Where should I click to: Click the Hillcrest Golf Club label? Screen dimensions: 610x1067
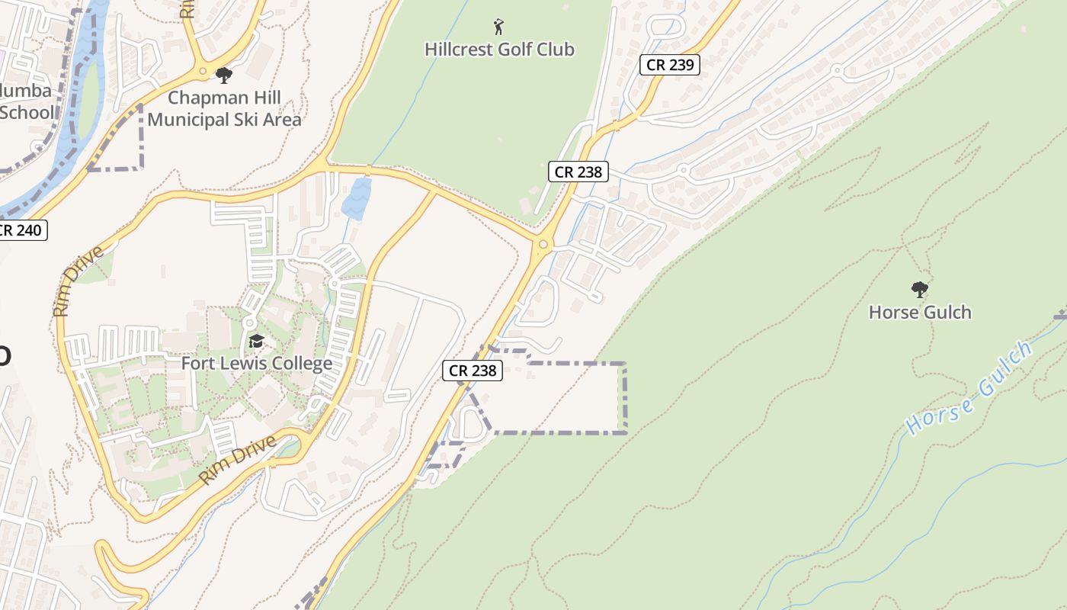499,50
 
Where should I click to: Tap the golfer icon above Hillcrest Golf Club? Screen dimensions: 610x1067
499,27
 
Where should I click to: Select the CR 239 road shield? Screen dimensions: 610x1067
670,65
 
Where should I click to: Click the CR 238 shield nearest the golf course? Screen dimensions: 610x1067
578,172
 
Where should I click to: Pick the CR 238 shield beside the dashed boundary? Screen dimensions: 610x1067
473,371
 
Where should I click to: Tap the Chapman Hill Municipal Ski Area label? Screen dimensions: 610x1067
224,108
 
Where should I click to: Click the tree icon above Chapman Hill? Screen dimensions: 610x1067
223,75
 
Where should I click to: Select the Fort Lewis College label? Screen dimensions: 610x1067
256,363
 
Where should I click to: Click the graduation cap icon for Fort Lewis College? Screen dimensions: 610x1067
256,341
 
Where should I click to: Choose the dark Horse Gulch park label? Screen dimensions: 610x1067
920,312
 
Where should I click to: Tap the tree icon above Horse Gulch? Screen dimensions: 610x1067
920,290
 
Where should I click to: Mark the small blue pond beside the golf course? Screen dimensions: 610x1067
356,199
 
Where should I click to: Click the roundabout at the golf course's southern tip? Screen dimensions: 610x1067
543,245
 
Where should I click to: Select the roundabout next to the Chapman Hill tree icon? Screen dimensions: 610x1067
203,71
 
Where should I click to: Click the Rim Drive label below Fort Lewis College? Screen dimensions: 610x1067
237,460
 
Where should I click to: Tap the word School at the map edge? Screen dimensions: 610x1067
27,112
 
